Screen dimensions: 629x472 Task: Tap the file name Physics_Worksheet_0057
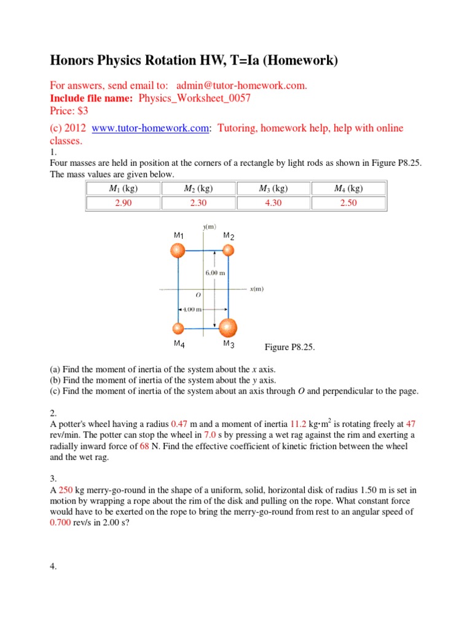coord(195,98)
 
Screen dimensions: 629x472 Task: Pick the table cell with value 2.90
coord(124,203)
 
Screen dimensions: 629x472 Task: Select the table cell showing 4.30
coord(273,203)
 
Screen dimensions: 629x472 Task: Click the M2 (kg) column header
coord(199,189)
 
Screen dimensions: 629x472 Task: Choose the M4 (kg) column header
coord(348,189)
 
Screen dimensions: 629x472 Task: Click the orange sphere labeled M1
coord(178,250)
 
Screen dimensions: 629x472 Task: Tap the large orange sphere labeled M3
coord(228,328)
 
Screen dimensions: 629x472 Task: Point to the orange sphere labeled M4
coord(178,328)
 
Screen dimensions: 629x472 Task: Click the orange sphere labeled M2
coord(228,249)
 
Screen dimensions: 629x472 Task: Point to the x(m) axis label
coord(256,288)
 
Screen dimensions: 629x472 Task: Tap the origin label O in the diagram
coord(199,295)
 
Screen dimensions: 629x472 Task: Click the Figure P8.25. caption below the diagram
coord(289,348)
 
